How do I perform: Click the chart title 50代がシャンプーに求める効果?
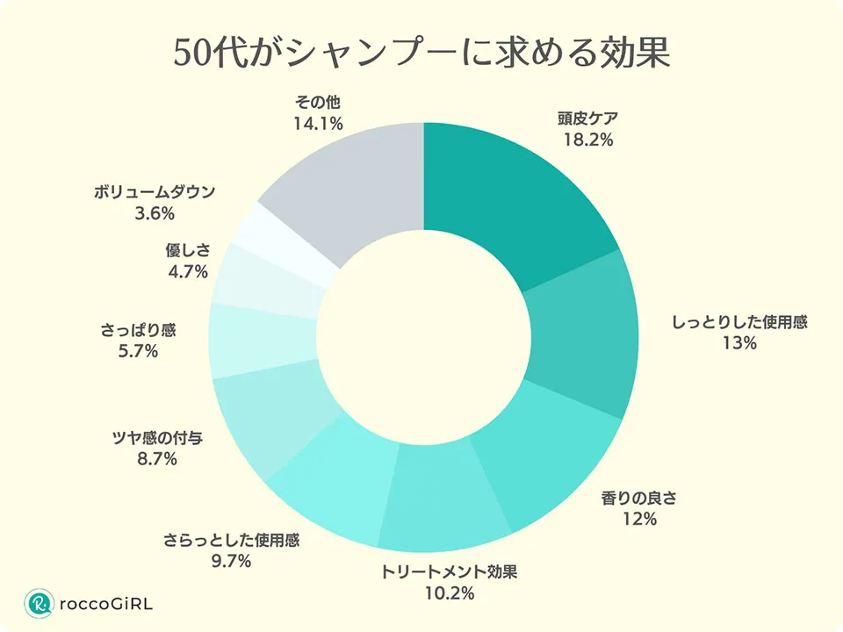pos(421,54)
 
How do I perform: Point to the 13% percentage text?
pos(739,343)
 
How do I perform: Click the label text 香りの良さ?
pos(639,499)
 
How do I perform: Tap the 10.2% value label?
pos(449,594)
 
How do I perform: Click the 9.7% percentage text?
pos(231,561)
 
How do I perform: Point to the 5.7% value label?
pos(137,352)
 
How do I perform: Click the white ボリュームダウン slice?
pos(288,243)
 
